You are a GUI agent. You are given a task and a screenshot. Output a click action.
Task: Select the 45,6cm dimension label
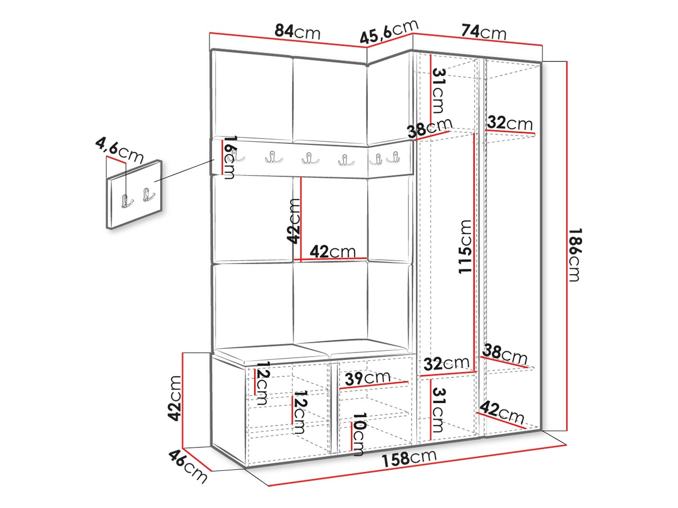389,32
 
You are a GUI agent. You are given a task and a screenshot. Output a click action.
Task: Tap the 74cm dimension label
484,32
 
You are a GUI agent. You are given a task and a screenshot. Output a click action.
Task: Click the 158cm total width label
409,458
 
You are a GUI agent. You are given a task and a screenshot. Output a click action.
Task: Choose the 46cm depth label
188,466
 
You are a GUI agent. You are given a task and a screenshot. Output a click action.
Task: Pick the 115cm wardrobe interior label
465,247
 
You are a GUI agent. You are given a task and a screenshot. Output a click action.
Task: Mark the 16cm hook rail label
229,157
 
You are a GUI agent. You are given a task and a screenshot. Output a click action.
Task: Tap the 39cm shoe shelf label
368,378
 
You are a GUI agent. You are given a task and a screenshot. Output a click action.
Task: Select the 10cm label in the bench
358,434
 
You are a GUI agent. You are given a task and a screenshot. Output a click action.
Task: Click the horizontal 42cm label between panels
333,252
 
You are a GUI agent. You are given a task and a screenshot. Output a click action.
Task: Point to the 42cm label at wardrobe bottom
502,412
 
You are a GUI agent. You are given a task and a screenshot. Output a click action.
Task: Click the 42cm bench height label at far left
174,398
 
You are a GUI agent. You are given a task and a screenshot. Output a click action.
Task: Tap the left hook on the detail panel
127,202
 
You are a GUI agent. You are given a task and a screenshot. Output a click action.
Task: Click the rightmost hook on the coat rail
393,157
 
